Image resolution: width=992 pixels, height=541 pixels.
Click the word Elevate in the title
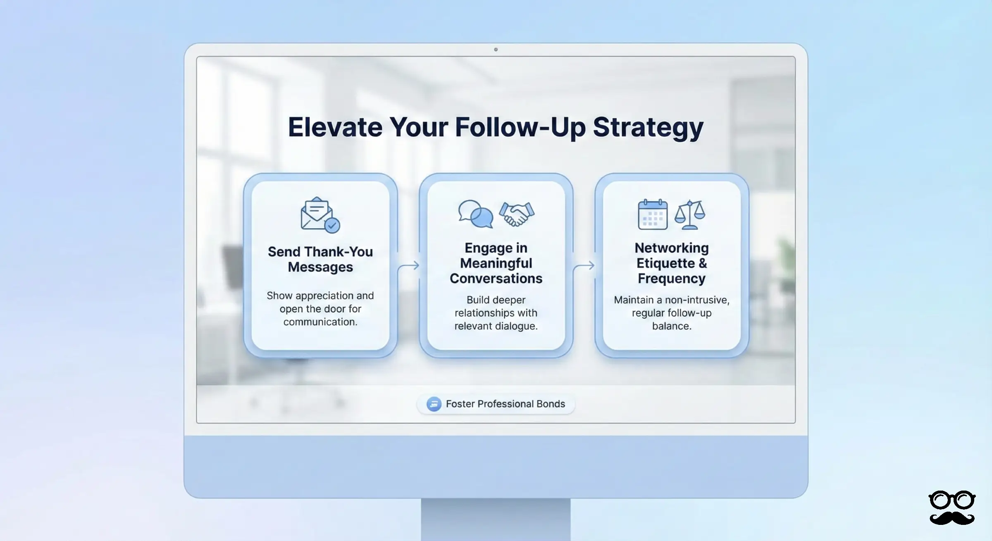pos(335,127)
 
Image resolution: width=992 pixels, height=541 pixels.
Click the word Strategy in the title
pos(648,127)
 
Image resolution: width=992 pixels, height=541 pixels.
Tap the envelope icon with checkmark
pos(320,215)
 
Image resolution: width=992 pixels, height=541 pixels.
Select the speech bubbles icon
pos(475,214)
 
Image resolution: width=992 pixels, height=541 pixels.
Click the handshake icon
pos(517,214)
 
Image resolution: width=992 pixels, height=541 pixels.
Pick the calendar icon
pos(653,214)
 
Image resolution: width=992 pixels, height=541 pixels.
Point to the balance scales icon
pos(690,214)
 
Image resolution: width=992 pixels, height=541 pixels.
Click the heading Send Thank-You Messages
pos(320,259)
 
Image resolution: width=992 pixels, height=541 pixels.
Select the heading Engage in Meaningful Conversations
pos(496,263)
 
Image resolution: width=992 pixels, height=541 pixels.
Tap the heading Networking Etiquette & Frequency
pos(672,263)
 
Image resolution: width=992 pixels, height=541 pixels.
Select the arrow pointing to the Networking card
pos(584,266)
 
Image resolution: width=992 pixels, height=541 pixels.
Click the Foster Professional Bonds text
pos(505,404)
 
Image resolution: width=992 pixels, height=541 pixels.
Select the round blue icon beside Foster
pos(434,404)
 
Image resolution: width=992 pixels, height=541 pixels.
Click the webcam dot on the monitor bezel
pos(496,50)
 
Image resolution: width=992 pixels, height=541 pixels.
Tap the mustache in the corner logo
pos(951,518)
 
